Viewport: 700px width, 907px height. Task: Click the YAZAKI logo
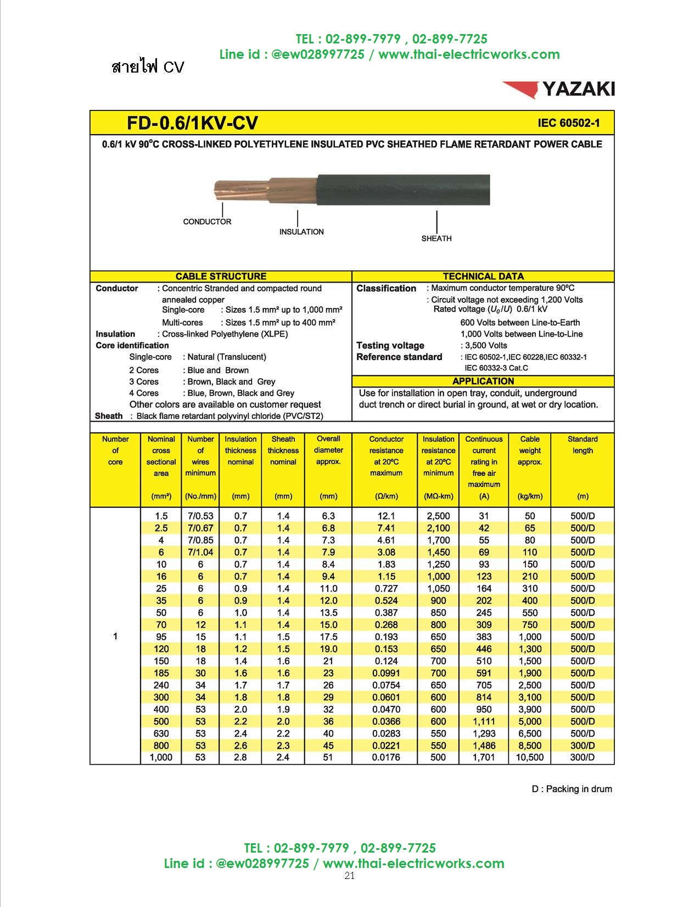[x=559, y=89]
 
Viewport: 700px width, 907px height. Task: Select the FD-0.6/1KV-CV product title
[x=192, y=123]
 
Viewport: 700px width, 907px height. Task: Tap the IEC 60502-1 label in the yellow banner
[x=568, y=123]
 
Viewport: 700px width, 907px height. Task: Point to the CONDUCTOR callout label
[x=207, y=222]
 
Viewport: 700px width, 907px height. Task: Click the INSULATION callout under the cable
[x=301, y=232]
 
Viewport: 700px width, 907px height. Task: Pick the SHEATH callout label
[x=436, y=239]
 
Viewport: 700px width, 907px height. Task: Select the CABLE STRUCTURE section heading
[x=221, y=276]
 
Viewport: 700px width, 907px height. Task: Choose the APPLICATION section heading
[x=483, y=381]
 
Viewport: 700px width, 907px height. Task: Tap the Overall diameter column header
[x=328, y=450]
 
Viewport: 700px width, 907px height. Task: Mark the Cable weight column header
[x=530, y=450]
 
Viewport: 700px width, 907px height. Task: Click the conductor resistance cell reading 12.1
[x=386, y=516]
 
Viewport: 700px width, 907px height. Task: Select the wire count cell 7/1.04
[x=200, y=552]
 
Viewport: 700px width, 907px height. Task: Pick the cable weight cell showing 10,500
[x=530, y=757]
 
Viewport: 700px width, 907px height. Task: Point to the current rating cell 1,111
[x=484, y=721]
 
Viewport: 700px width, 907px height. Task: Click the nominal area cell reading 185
[x=161, y=673]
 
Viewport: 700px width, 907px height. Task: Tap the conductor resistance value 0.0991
[x=386, y=673]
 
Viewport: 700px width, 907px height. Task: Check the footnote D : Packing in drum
[x=572, y=789]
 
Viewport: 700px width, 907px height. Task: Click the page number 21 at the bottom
[x=350, y=876]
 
